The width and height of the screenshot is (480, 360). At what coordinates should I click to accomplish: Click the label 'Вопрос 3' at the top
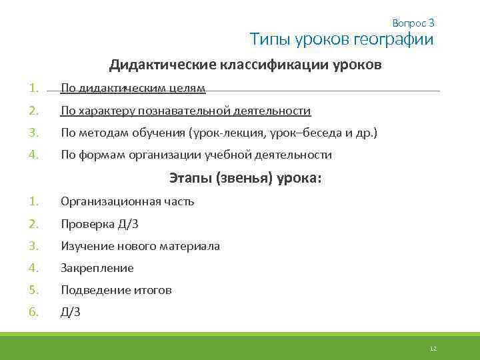pos(413,23)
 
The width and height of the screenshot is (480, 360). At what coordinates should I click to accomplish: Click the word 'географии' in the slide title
pos(393,40)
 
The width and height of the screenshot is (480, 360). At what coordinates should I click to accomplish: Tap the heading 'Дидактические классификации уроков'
pos(246,65)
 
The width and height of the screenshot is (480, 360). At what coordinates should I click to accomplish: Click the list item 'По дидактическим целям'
pos(133,89)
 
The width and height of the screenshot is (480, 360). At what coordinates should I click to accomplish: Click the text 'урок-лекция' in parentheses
pos(233,133)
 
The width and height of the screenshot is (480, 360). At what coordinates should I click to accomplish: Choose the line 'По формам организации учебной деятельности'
pos(196,155)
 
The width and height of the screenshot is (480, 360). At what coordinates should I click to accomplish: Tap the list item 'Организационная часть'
pos(127,201)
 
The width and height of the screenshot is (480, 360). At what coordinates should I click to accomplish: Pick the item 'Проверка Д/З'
pos(99,224)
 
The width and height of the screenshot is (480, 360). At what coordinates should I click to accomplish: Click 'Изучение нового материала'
pos(140,246)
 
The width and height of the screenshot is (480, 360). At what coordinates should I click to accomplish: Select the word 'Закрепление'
pos(97,268)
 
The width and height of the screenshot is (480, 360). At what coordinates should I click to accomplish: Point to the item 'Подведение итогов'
pos(116,290)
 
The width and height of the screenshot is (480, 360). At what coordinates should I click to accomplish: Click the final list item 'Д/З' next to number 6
pos(71,312)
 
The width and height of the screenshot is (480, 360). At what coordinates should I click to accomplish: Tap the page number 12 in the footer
pos(433,349)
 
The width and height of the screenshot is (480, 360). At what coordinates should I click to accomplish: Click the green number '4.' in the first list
pos(35,155)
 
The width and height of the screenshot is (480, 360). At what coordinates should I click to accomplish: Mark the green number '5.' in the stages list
pos(35,290)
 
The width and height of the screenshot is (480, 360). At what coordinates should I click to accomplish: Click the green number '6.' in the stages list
pos(35,312)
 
